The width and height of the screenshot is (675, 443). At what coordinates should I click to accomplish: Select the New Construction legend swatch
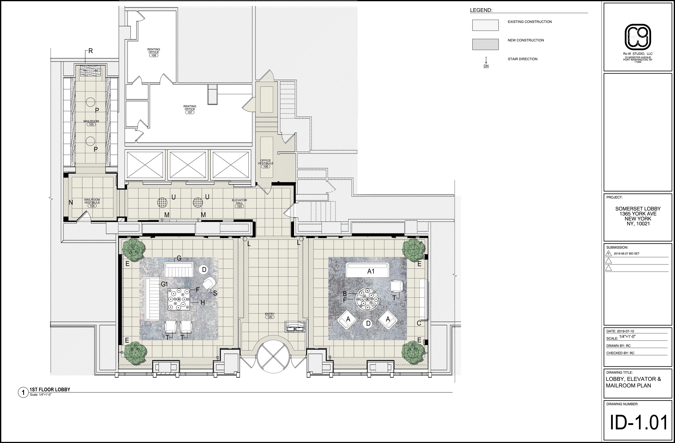(x=485, y=44)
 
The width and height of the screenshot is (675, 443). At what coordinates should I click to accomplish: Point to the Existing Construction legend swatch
(x=485, y=25)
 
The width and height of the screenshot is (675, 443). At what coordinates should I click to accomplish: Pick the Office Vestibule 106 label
(x=265, y=163)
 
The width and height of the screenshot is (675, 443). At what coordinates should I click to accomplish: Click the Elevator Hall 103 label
(x=239, y=203)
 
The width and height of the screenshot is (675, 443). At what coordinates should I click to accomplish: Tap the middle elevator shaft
(x=187, y=165)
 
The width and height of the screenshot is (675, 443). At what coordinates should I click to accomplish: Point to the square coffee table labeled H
(x=178, y=299)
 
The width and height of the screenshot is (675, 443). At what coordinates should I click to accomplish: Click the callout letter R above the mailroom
(x=91, y=51)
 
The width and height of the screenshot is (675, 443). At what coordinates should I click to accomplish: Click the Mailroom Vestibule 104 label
(x=92, y=203)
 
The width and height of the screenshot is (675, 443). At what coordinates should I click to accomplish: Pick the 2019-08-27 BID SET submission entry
(x=626, y=253)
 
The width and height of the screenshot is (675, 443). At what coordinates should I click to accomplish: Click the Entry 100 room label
(x=270, y=315)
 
